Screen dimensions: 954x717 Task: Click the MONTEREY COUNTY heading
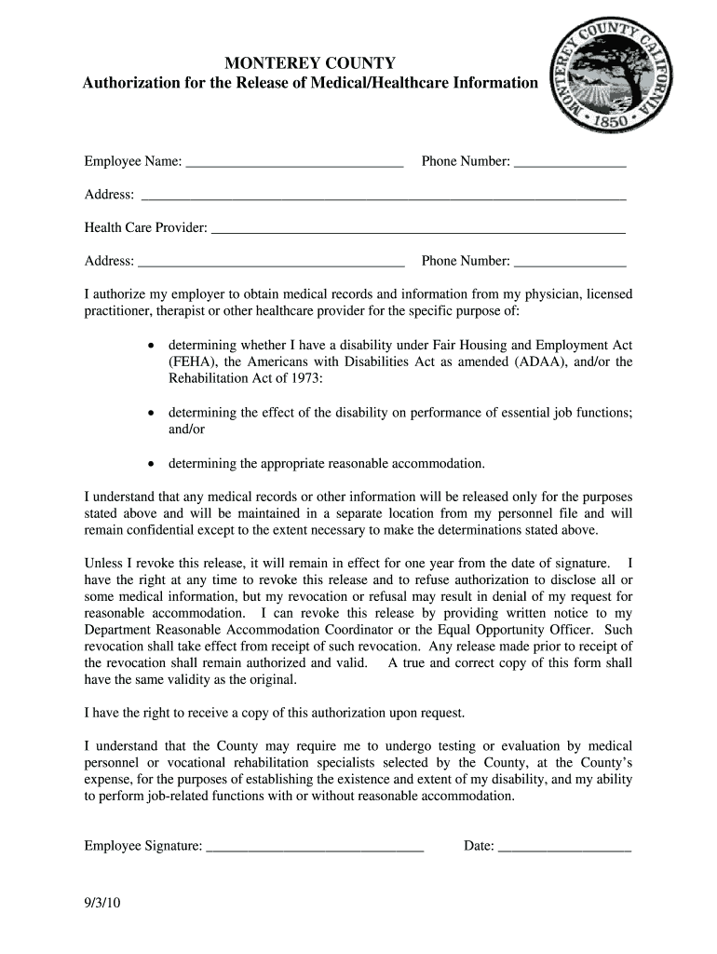(310, 63)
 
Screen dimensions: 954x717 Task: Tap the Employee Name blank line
(294, 164)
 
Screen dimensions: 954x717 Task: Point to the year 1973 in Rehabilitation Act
(304, 378)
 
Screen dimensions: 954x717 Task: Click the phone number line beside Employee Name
(570, 164)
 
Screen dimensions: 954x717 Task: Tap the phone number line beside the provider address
(570, 264)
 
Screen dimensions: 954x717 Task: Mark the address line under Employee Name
(382, 197)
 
